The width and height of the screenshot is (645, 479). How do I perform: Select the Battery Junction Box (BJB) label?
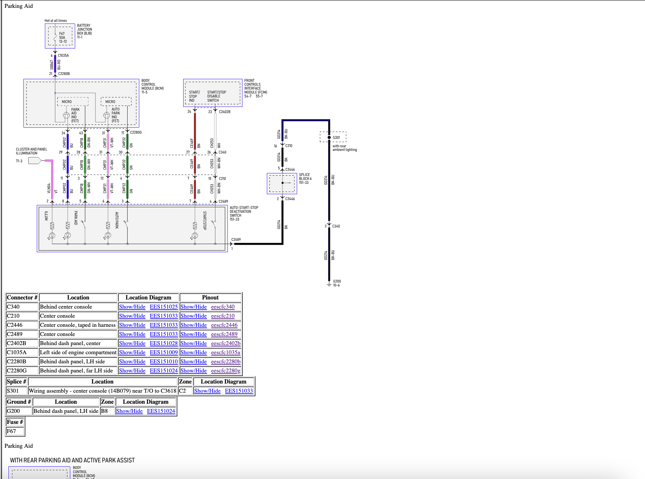[84, 31]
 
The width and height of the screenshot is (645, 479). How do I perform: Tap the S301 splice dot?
[329, 138]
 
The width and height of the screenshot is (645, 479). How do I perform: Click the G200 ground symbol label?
[337, 283]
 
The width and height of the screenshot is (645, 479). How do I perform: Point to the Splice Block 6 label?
[305, 179]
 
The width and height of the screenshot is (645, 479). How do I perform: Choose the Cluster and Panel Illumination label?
[32, 151]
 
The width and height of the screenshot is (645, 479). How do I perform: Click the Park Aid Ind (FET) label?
[75, 115]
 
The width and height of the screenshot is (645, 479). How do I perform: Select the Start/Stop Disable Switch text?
[216, 96]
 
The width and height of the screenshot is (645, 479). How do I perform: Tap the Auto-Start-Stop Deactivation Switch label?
[244, 213]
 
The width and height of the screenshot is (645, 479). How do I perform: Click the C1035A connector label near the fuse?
[63, 55]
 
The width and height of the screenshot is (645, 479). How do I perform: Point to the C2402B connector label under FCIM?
[225, 112]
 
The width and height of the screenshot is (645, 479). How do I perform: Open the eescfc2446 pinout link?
[224, 325]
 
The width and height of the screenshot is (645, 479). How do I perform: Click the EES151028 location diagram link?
[164, 343]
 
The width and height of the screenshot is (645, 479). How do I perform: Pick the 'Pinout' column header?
[210, 298]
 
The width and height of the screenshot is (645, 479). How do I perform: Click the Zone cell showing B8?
[104, 411]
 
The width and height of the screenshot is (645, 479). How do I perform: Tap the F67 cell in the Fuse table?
[11, 431]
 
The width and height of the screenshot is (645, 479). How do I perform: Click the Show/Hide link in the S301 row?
[207, 391]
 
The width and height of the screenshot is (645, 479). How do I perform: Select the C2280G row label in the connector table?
[17, 370]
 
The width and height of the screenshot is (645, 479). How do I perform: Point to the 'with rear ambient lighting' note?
[345, 148]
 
